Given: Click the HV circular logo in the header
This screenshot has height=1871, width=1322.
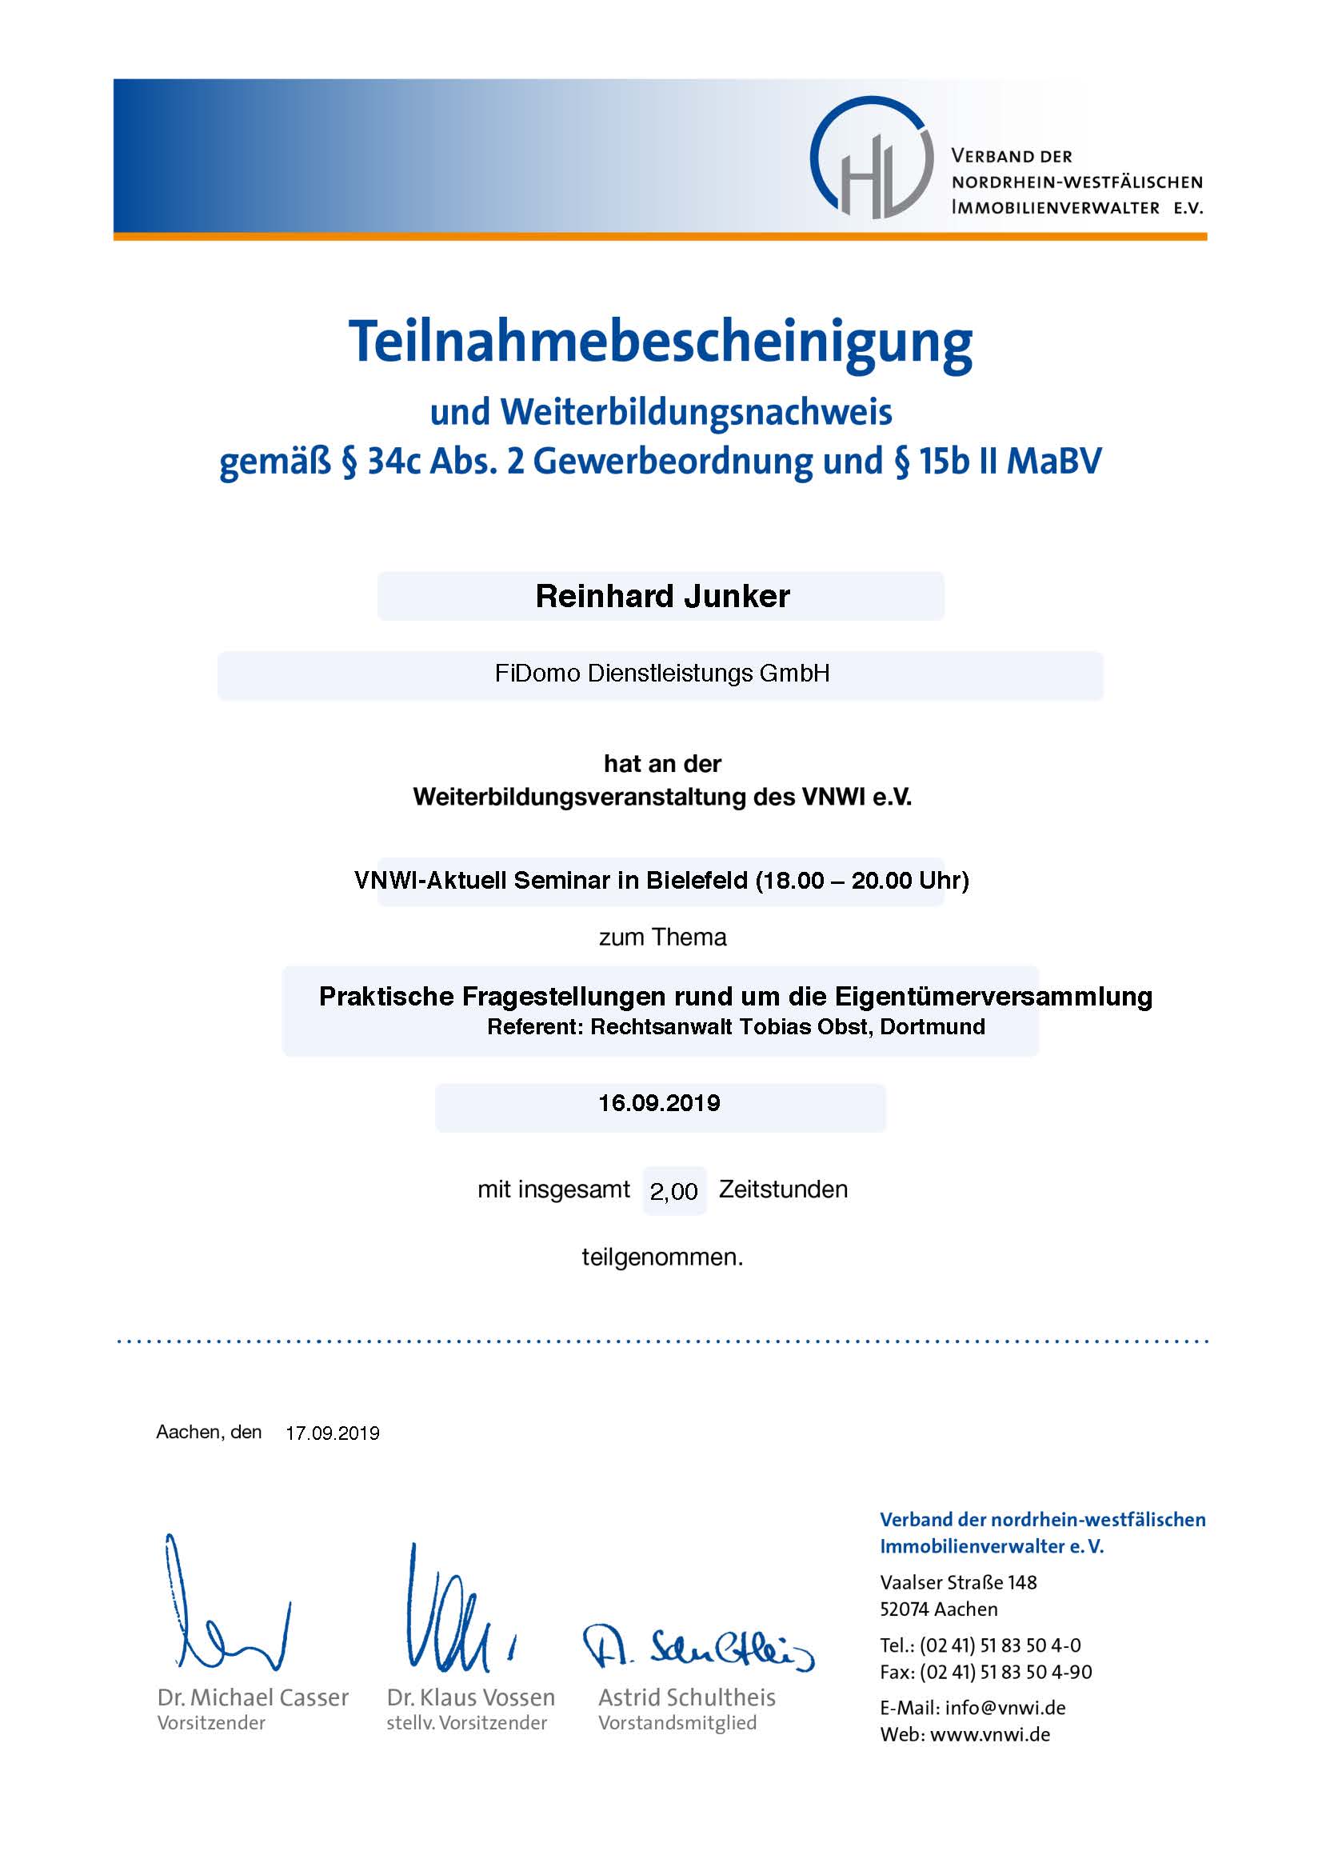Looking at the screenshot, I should point(871,158).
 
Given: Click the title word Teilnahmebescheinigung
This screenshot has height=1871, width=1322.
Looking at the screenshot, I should point(660,342).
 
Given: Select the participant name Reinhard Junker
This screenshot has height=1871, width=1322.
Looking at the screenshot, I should point(661,597).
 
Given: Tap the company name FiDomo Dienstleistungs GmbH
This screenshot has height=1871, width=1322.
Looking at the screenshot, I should point(661,674).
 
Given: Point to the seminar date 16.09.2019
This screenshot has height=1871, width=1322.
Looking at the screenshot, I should point(659,1103).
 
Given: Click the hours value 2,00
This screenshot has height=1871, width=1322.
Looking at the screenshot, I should point(673,1191).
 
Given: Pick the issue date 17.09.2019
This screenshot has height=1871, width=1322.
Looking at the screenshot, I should point(333,1433).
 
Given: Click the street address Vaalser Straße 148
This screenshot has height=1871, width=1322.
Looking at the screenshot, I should point(958,1582).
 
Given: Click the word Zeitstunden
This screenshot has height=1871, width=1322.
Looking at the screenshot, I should point(783,1189).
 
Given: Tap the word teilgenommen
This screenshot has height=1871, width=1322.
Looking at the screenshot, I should point(661,1257).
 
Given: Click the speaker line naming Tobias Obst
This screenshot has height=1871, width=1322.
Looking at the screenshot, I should point(736,1027).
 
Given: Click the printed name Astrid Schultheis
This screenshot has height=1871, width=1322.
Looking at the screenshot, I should point(687,1697).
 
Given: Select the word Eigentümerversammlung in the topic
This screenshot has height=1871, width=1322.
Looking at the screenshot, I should point(994,997).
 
